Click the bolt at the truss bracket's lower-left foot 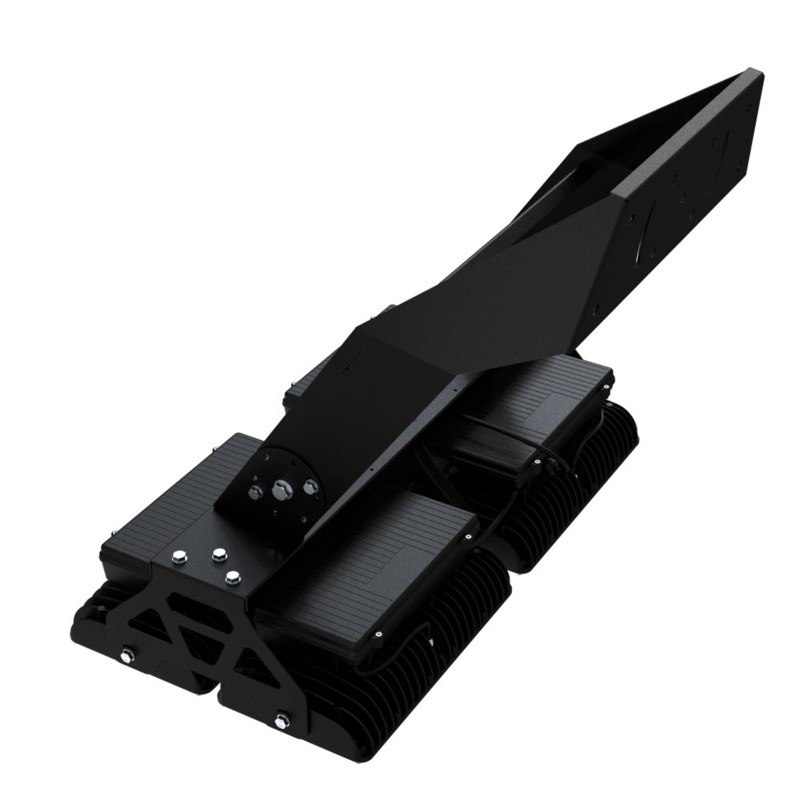click(x=126, y=654)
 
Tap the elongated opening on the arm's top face click(x=600, y=170)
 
